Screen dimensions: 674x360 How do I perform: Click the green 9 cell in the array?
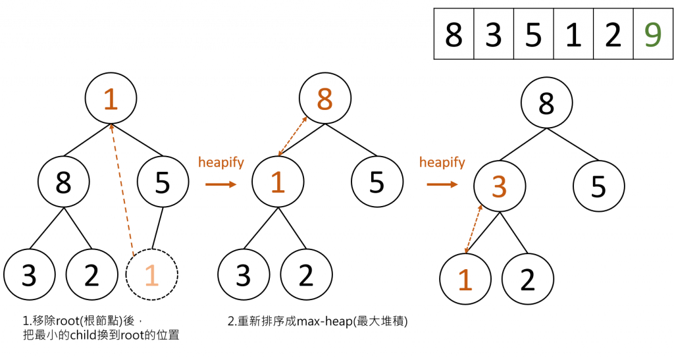click(x=652, y=34)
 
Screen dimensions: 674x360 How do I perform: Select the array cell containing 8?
click(x=454, y=34)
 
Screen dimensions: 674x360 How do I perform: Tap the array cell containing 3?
click(x=494, y=34)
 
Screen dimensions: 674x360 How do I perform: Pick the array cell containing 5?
click(x=533, y=34)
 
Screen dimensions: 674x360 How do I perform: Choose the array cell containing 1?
click(x=573, y=34)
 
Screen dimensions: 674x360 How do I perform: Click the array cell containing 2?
click(x=612, y=34)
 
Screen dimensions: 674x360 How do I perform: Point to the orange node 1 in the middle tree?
click(x=278, y=182)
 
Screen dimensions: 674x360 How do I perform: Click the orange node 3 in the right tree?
click(x=499, y=186)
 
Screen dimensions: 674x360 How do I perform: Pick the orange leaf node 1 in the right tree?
click(x=465, y=279)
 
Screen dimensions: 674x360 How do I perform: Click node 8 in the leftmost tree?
click(x=63, y=182)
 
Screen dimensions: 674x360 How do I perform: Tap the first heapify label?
click(x=221, y=162)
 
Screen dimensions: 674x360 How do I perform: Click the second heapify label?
click(x=442, y=162)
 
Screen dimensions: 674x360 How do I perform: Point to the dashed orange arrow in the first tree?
click(x=123, y=191)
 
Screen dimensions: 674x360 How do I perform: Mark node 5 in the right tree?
click(x=598, y=186)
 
